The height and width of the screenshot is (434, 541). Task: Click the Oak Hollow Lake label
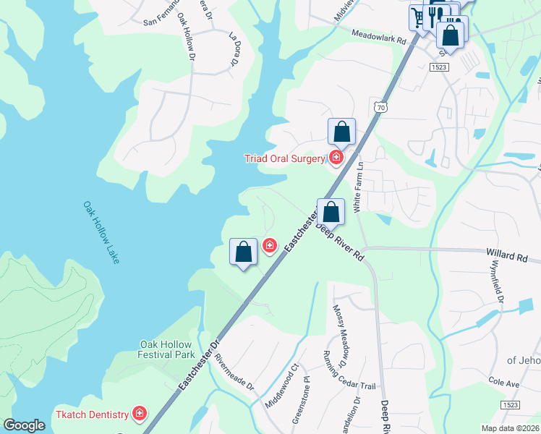coord(100,232)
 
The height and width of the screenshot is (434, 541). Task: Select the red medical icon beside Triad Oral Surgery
coord(336,158)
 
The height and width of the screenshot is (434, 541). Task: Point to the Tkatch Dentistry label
coord(92,414)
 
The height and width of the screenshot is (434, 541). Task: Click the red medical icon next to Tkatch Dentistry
coord(137,414)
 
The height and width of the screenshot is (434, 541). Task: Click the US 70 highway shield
coord(380,107)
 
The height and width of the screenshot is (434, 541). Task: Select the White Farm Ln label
coord(357,187)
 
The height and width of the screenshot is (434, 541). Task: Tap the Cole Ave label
coord(504,381)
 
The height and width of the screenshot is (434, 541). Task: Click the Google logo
coord(24,425)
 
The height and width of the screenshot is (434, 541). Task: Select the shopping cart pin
coord(418,17)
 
